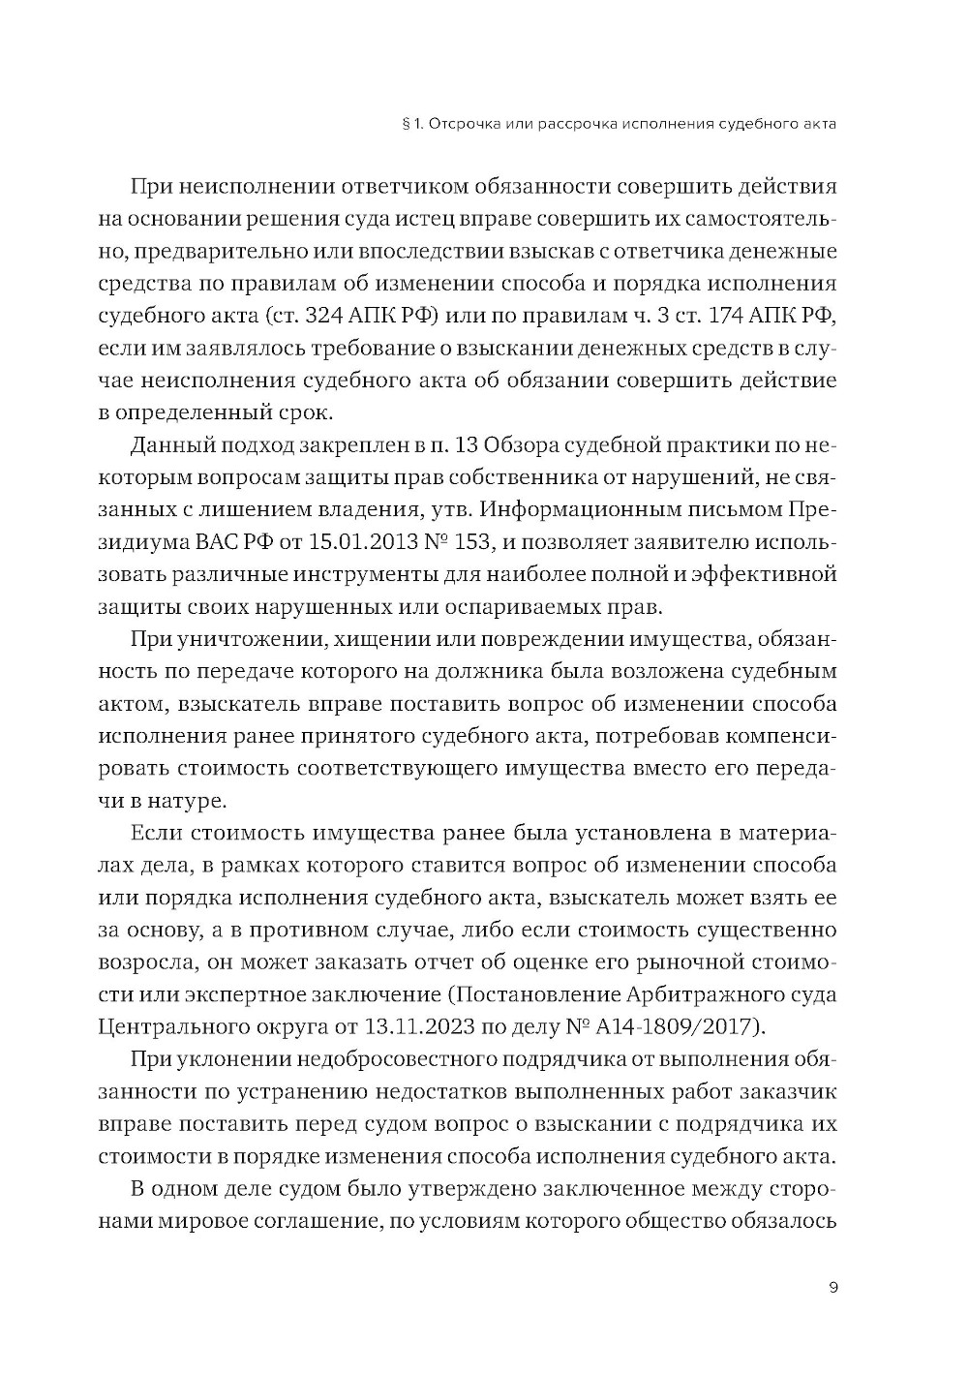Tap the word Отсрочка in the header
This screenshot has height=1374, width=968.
coord(465,124)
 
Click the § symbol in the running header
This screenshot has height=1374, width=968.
coord(404,124)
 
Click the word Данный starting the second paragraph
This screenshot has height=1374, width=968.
coord(172,444)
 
